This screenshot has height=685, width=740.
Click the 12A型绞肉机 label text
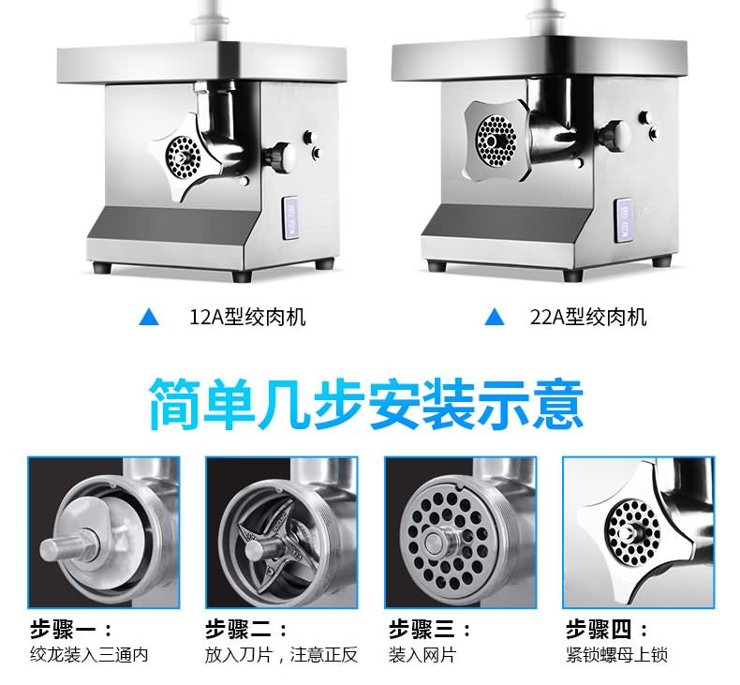click(247, 317)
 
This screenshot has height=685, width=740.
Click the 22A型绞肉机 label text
click(587, 317)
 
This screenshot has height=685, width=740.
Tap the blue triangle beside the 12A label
click(149, 317)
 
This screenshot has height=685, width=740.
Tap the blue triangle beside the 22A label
click(495, 317)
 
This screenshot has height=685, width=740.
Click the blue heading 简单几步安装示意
click(366, 404)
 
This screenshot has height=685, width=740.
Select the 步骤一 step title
click(71, 630)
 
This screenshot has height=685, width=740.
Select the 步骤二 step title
click(245, 630)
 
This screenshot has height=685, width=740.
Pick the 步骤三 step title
click(430, 630)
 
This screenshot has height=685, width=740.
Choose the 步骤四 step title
click(607, 630)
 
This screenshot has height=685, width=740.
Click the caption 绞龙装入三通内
click(89, 655)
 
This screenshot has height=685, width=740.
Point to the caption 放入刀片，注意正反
click(281, 655)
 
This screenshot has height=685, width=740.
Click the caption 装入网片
click(422, 655)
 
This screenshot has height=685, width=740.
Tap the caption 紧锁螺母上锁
click(617, 655)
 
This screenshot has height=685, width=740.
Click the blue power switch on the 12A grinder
click(290, 217)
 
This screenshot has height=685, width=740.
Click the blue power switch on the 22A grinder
click(623, 221)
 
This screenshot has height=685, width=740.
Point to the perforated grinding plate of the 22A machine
click(496, 141)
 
